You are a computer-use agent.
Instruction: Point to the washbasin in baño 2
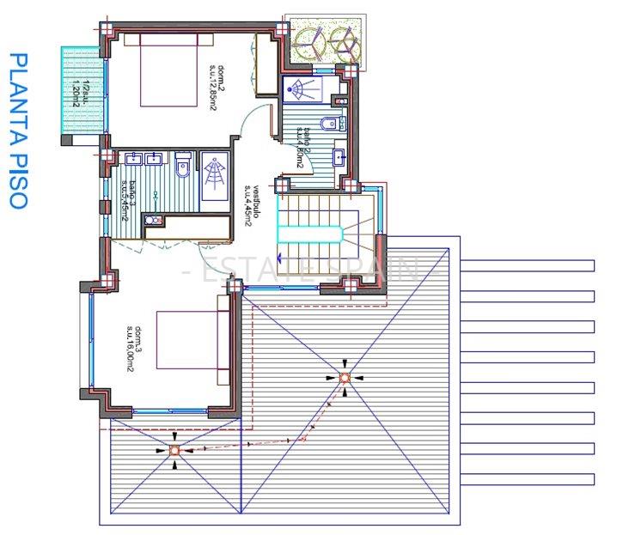click(x=339, y=157)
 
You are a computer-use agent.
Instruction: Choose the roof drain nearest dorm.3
click(x=174, y=449)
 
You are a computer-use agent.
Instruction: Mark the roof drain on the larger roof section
click(x=344, y=378)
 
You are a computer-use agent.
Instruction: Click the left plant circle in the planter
click(x=308, y=39)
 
